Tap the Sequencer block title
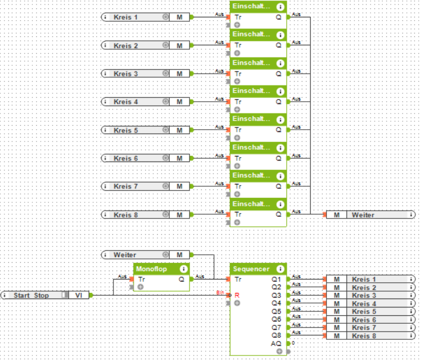coord(251,269)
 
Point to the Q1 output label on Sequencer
coord(277,279)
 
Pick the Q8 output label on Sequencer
coord(277,335)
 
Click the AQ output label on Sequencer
coord(277,343)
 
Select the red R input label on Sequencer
coord(237,295)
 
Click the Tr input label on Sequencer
coord(238,279)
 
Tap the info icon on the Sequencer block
coord(280,269)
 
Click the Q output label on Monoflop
coord(182,279)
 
